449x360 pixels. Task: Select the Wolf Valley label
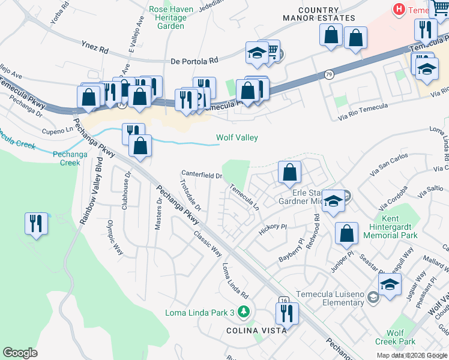(237, 138)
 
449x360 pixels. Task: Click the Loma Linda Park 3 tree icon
(243, 311)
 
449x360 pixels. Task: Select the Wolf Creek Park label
(401, 337)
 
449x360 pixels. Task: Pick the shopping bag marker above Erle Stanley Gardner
(289, 173)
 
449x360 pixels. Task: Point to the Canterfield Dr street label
(202, 175)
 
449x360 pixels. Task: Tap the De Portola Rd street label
(194, 61)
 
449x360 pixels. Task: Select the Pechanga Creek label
(66, 158)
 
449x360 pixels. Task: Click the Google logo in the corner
(20, 353)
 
